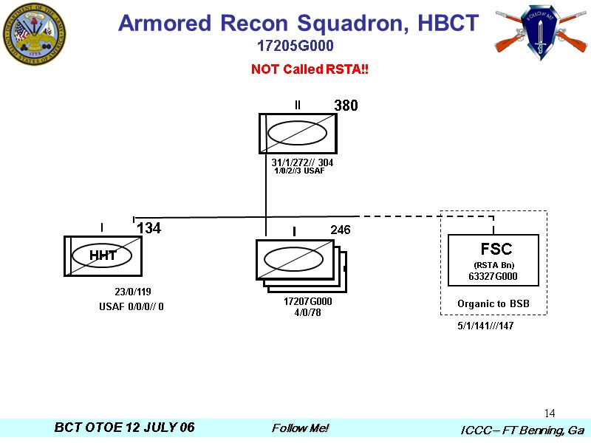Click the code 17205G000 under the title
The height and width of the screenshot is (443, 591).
(x=295, y=47)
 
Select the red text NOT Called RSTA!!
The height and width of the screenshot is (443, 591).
(x=310, y=69)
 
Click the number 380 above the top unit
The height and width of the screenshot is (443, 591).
(x=346, y=106)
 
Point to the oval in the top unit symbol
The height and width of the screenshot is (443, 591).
(x=297, y=133)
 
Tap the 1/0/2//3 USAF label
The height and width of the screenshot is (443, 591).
(x=299, y=171)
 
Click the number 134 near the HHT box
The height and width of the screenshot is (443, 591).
(x=148, y=229)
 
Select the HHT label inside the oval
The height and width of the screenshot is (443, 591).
(x=103, y=255)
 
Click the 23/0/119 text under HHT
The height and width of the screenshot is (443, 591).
(x=133, y=292)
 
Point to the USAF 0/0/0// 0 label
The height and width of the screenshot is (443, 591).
(x=131, y=306)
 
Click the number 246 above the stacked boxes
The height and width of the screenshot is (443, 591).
(x=340, y=230)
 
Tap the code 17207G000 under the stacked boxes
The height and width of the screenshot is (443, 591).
(x=308, y=302)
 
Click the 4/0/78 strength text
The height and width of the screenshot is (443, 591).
(x=308, y=312)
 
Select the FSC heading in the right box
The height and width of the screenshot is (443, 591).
(x=496, y=249)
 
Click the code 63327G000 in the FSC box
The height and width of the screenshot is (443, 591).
(x=493, y=277)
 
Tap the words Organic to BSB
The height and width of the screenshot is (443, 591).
(x=493, y=304)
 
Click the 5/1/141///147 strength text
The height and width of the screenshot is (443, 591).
(x=485, y=326)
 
